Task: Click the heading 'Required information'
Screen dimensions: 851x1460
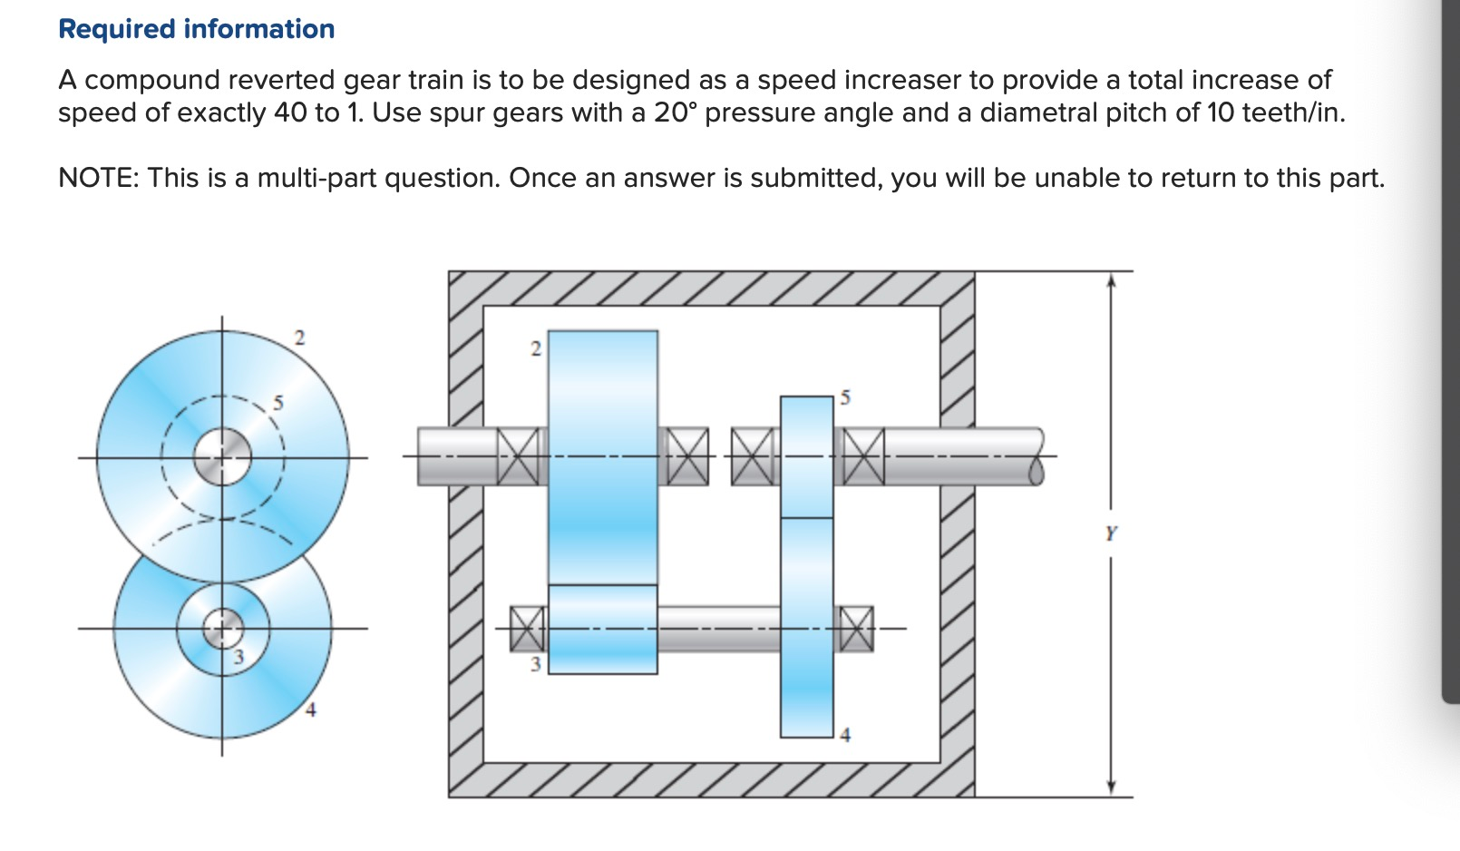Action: [x=196, y=29]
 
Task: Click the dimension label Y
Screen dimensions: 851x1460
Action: [x=1111, y=533]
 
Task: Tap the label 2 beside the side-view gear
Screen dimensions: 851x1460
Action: [x=535, y=348]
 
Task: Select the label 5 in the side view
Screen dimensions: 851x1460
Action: [x=845, y=397]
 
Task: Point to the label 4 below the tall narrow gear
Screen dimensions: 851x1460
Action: [x=845, y=735]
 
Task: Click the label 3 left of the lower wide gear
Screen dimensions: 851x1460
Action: [x=535, y=664]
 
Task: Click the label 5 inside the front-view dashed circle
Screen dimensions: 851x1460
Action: [x=278, y=403]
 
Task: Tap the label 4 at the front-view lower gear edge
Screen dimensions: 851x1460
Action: [x=310, y=710]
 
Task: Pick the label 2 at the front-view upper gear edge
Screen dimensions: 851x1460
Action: [x=300, y=338]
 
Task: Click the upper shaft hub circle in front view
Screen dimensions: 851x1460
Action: [x=222, y=456]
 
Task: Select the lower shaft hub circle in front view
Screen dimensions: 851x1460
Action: [x=222, y=627]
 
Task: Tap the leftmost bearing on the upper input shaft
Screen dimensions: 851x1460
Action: [x=518, y=456]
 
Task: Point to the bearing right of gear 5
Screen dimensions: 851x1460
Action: [x=863, y=456]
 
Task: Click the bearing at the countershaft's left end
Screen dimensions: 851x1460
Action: [x=528, y=628]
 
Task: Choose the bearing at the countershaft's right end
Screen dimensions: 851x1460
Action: [x=854, y=628]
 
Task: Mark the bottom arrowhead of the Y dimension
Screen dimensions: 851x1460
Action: [x=1111, y=787]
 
